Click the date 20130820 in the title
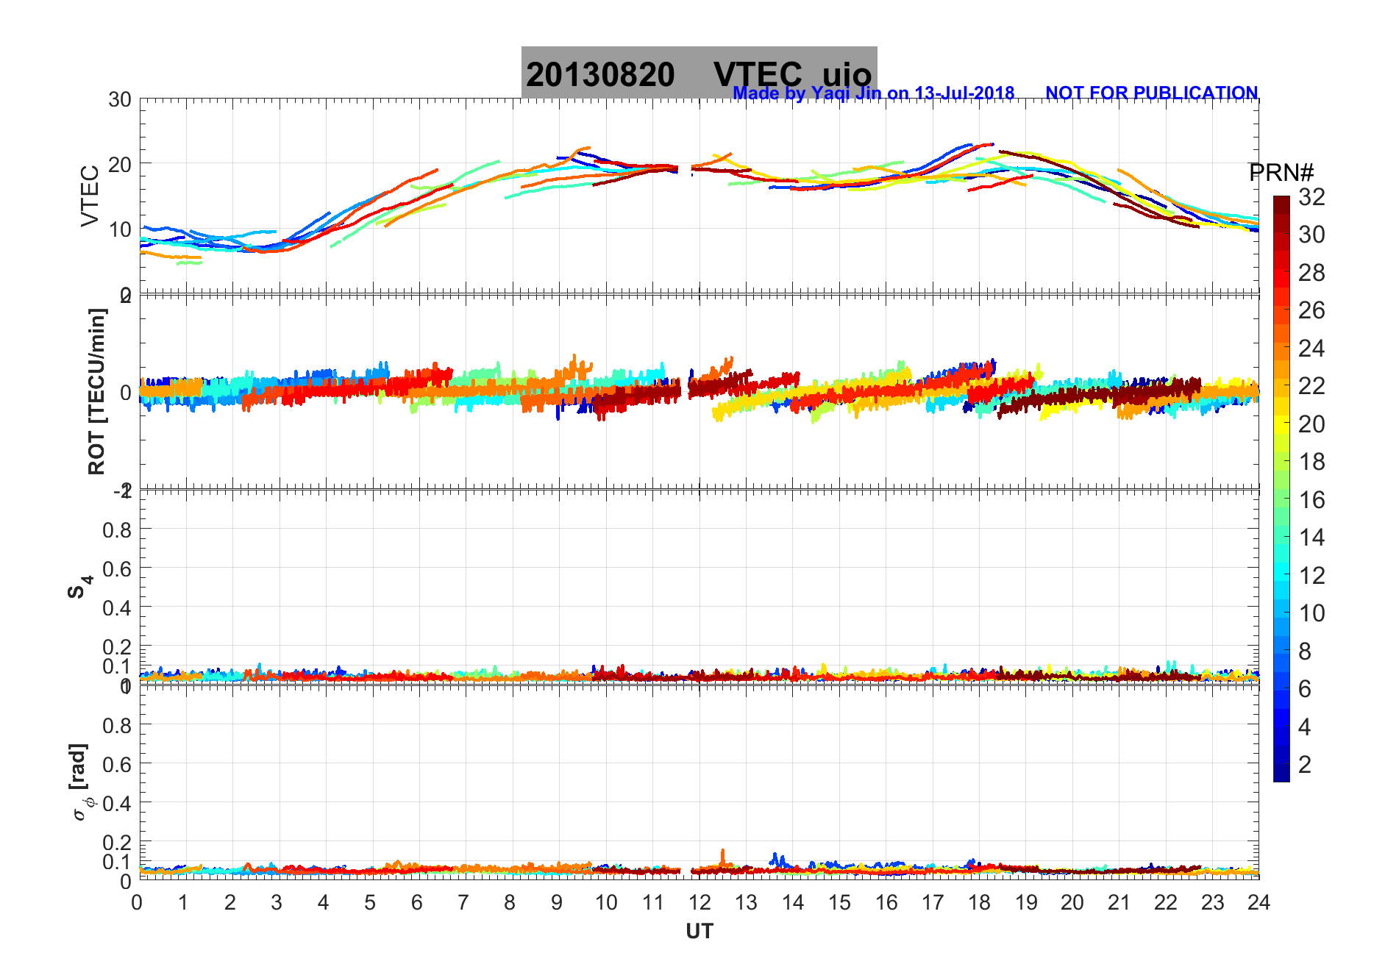(x=600, y=75)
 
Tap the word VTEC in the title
(x=758, y=75)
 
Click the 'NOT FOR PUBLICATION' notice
(x=1151, y=93)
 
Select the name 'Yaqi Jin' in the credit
(x=845, y=94)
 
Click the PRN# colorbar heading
(x=1281, y=173)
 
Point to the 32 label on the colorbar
(x=1311, y=196)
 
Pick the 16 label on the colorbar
(x=1311, y=500)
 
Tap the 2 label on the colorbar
(x=1305, y=765)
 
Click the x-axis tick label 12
(x=699, y=902)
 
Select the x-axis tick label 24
(x=1259, y=902)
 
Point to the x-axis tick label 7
(x=463, y=902)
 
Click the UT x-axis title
(x=699, y=932)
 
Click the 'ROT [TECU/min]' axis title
(x=96, y=391)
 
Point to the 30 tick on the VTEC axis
(x=120, y=100)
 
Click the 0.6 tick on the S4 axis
(x=117, y=568)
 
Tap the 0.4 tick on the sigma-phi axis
(x=117, y=803)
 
